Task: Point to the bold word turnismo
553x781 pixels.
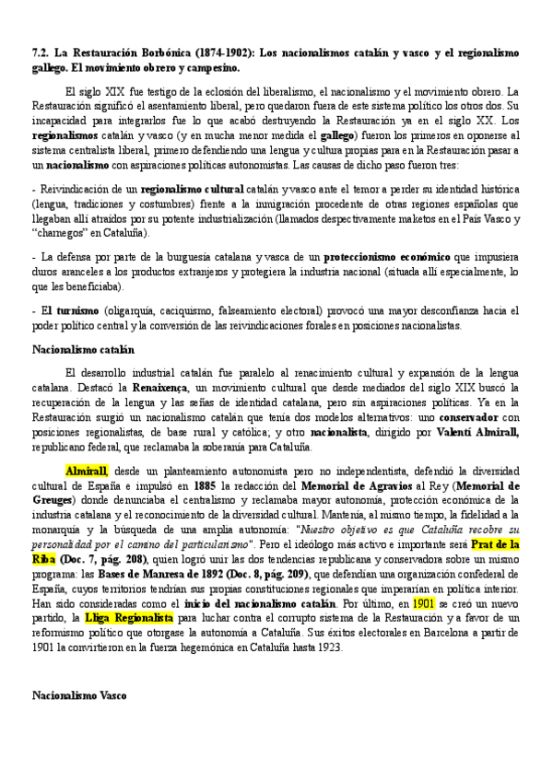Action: click(x=75, y=310)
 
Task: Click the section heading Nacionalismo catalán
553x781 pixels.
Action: click(x=83, y=350)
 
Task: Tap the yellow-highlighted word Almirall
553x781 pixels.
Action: click(x=87, y=471)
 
